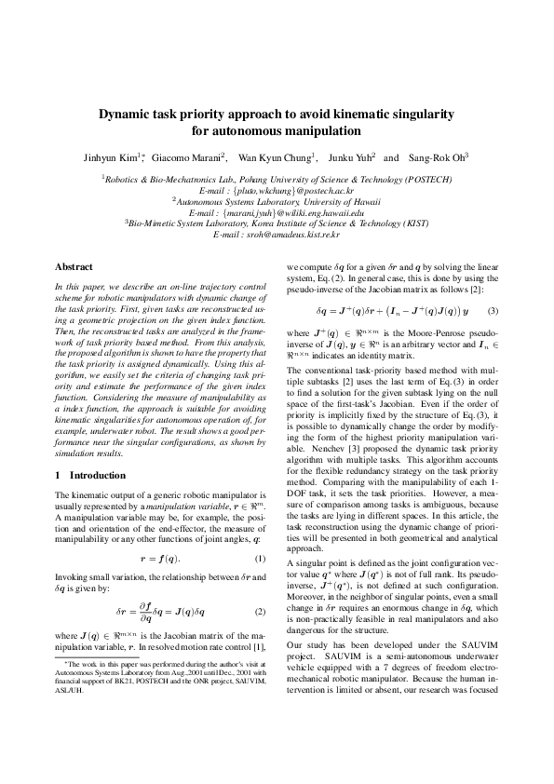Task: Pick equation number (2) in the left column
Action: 261,612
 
